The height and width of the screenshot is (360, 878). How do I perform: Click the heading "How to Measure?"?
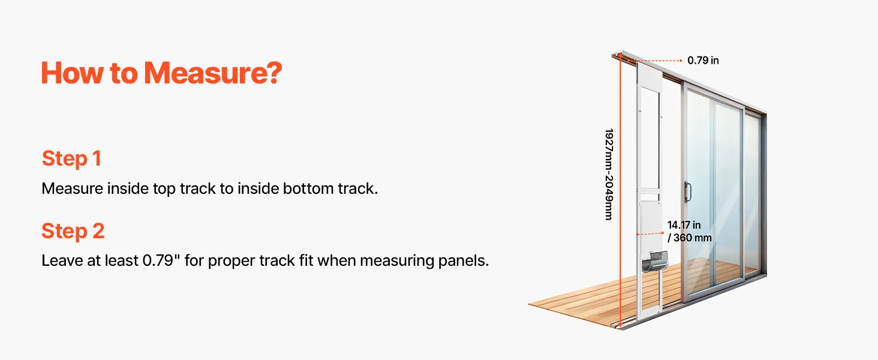[x=161, y=73]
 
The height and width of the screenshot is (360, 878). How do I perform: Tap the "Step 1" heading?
[x=72, y=158]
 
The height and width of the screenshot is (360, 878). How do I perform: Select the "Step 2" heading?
[x=73, y=230]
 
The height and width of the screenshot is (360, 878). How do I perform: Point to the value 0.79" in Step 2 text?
[x=158, y=260]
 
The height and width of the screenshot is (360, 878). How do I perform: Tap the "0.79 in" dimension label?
[x=703, y=61]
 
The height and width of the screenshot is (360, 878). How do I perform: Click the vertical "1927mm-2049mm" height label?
[x=609, y=174]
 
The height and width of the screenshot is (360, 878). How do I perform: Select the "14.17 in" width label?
[x=684, y=225]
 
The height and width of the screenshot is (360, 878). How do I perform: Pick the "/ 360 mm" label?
[x=690, y=238]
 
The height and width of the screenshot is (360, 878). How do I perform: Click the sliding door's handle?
[x=687, y=191]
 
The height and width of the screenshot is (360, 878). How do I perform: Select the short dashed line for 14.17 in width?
[x=650, y=234]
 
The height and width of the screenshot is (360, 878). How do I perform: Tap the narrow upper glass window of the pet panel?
[x=650, y=137]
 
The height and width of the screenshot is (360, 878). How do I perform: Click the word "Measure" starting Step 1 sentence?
[x=72, y=188]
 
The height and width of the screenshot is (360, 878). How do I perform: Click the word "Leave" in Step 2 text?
[x=62, y=260]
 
